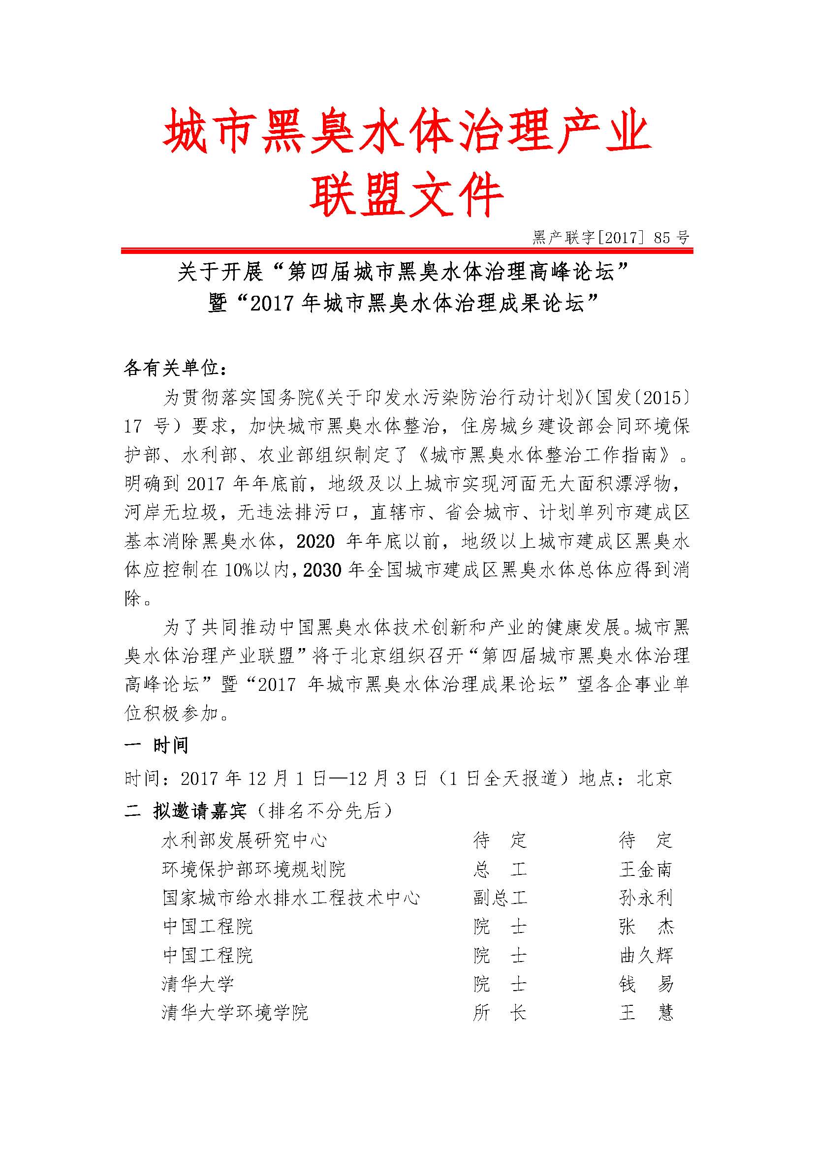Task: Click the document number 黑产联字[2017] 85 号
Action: [x=610, y=238]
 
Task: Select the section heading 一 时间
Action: [x=156, y=746]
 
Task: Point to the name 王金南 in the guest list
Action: [x=645, y=869]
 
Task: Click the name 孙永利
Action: [x=645, y=898]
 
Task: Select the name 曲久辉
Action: [x=646, y=956]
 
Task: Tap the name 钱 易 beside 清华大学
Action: [x=646, y=984]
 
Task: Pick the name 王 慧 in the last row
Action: [x=646, y=1013]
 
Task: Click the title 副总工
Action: [x=500, y=898]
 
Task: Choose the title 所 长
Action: [x=500, y=1013]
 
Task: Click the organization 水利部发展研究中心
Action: [x=245, y=840]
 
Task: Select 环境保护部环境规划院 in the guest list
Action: [x=253, y=869]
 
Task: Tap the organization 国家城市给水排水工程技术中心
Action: [x=291, y=898]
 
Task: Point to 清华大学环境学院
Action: [x=235, y=1013]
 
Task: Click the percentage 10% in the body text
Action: [x=239, y=570]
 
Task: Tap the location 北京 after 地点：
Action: [x=654, y=778]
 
